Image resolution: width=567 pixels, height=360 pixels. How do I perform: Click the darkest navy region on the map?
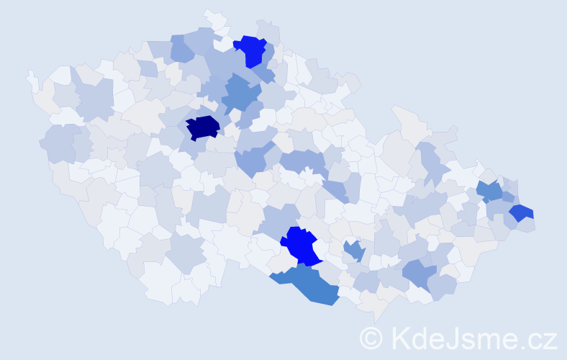point(203,127)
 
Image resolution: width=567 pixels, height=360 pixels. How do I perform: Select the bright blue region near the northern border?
point(253,50)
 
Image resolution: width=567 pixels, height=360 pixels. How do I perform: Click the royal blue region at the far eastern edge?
point(522,213)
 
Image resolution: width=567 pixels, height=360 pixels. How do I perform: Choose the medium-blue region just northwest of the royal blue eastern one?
point(490,192)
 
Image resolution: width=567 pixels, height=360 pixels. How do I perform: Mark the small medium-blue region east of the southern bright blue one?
point(353,251)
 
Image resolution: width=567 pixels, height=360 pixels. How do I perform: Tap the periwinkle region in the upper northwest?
point(181,49)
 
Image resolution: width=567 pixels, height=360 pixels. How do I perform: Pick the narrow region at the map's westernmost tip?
point(32,79)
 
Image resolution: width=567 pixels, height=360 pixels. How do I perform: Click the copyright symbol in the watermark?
point(372,338)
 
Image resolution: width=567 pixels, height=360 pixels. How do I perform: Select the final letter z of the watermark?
point(550,341)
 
